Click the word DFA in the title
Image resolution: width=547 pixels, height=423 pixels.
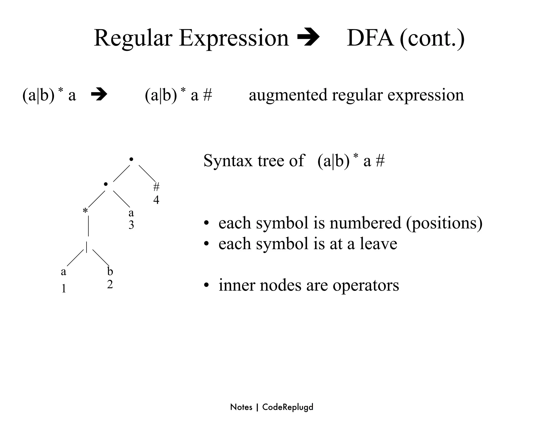(x=370, y=38)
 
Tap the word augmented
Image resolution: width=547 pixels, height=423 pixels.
(x=288, y=95)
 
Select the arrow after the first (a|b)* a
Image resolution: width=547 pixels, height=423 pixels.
(x=99, y=95)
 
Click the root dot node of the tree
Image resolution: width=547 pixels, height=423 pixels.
(x=131, y=160)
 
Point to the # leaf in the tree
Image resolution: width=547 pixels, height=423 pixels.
(x=156, y=187)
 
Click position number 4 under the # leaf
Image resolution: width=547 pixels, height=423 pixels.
(x=156, y=200)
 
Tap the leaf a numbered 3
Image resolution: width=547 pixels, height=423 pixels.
(x=131, y=213)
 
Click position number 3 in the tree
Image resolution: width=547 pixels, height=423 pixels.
(x=131, y=225)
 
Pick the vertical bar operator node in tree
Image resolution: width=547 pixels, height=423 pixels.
(x=87, y=247)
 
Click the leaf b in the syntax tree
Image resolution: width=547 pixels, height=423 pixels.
(x=110, y=271)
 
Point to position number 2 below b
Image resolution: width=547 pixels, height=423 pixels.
(x=110, y=284)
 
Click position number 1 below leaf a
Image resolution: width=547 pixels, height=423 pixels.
(x=64, y=289)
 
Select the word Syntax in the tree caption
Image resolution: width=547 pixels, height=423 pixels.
(x=228, y=161)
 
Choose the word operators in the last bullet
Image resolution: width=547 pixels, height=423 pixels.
(x=366, y=285)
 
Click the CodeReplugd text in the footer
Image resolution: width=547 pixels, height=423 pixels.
(x=288, y=407)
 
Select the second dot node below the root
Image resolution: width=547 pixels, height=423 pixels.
(x=106, y=184)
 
